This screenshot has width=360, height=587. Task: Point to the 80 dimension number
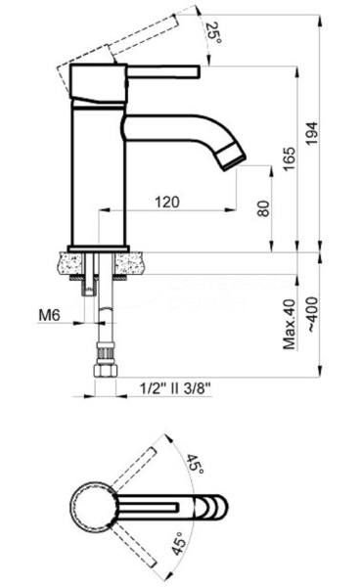pos(261,207)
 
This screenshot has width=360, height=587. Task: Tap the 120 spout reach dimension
pos(166,203)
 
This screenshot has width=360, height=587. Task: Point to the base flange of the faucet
pos(98,246)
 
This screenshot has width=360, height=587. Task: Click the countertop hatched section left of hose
pos(74,263)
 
